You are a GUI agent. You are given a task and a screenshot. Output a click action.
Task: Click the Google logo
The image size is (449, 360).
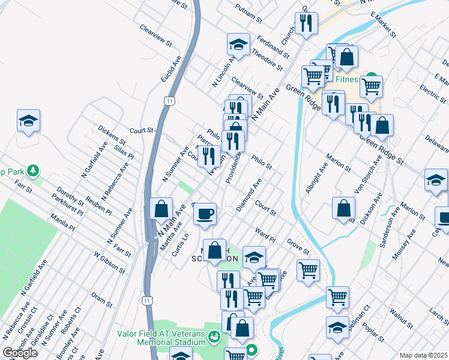click(x=20, y=353)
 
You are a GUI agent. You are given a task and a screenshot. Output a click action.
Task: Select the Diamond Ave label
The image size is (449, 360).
click(x=249, y=194)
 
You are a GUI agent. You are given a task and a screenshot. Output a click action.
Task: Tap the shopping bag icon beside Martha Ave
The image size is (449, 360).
click(x=161, y=209)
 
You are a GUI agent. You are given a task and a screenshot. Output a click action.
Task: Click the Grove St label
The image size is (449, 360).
click(x=297, y=246)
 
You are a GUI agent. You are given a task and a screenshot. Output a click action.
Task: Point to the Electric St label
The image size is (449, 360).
click(x=432, y=93)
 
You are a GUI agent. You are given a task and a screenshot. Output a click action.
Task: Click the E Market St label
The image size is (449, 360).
click(x=384, y=24)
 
